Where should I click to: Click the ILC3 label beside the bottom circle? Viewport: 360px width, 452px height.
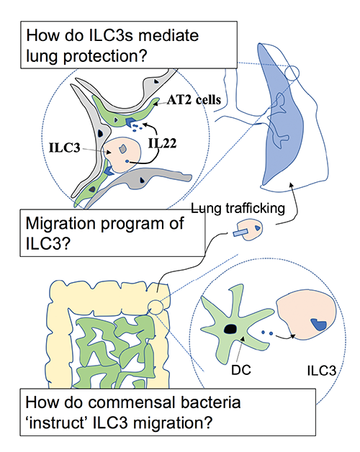pos(317,374)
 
